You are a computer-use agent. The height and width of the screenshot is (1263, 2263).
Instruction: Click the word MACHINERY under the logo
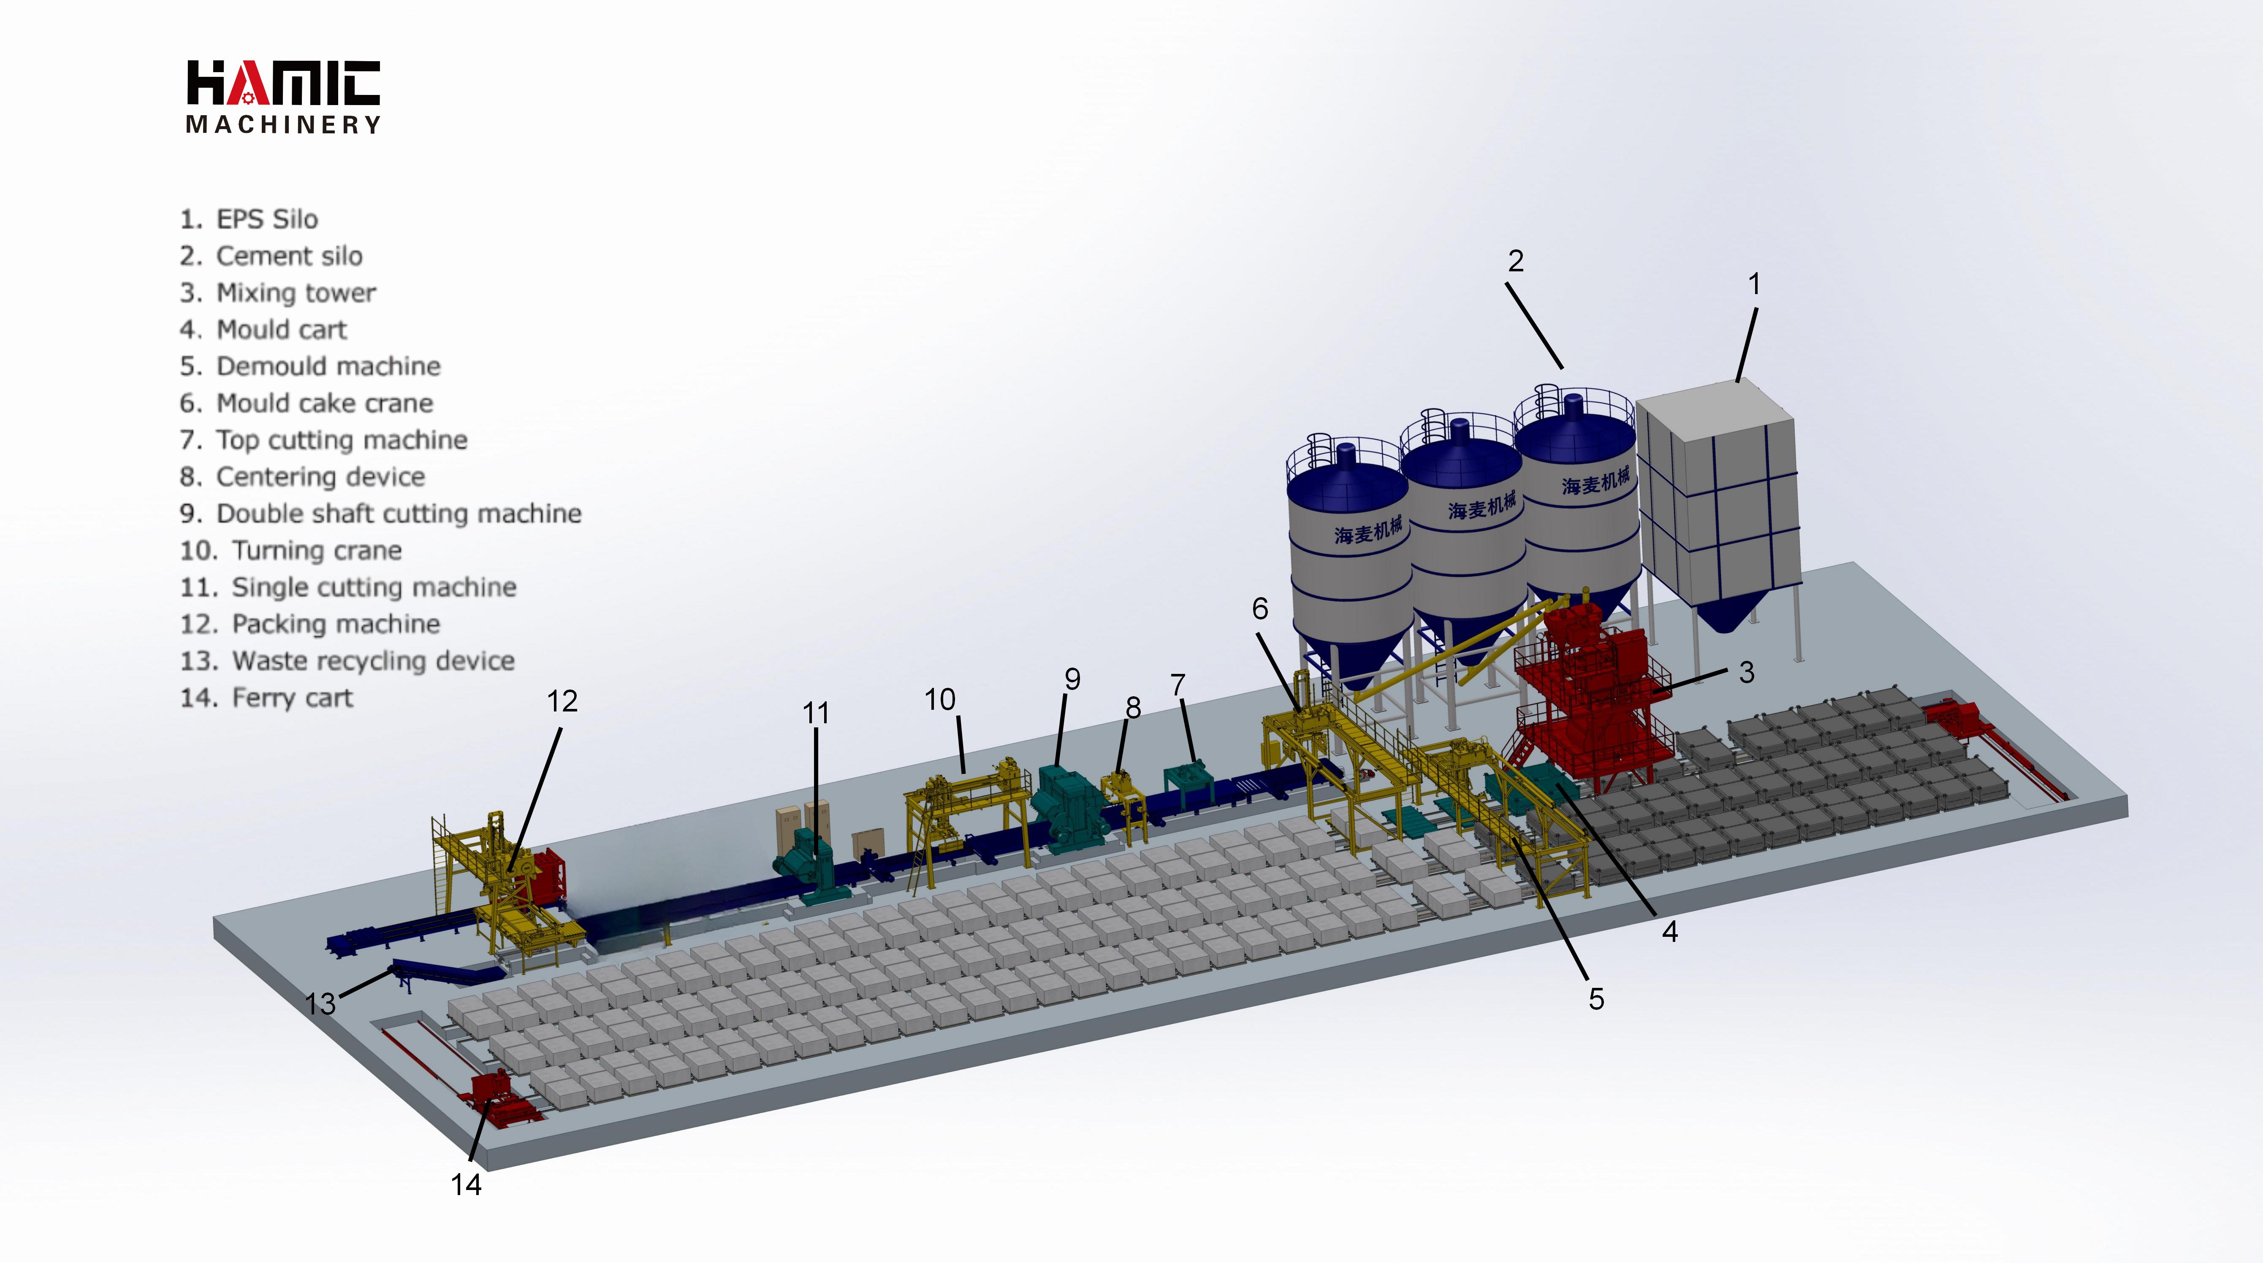point(283,125)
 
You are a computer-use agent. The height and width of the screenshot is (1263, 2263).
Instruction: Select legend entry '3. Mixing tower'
point(278,292)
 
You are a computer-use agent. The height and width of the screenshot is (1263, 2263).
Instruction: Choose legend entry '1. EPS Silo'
point(249,219)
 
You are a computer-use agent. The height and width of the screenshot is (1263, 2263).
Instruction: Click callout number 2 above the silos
point(1515,261)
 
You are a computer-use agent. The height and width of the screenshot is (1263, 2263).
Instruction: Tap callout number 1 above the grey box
point(1754,284)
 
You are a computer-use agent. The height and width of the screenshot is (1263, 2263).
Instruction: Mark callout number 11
point(816,713)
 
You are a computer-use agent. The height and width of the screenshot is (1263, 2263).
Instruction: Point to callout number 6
point(1260,609)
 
